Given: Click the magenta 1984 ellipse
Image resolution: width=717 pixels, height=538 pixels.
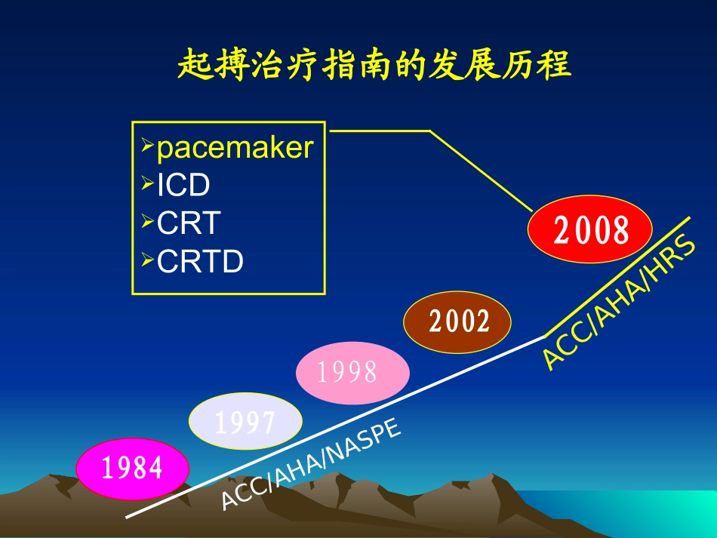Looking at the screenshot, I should pyautogui.click(x=132, y=469).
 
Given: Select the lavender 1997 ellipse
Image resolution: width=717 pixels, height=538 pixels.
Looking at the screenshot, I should pyautogui.click(x=245, y=422).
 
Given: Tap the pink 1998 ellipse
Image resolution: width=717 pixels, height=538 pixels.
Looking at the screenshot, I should pyautogui.click(x=352, y=373).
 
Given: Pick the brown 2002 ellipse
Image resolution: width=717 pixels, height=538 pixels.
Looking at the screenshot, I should pyautogui.click(x=458, y=321).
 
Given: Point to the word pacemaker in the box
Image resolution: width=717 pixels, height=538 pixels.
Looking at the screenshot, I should pyautogui.click(x=234, y=148).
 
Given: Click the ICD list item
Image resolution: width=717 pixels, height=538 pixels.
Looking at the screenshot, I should pyautogui.click(x=183, y=185).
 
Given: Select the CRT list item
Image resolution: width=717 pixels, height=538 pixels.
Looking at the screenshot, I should pyautogui.click(x=189, y=223).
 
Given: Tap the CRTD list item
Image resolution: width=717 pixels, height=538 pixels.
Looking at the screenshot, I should pyautogui.click(x=200, y=261).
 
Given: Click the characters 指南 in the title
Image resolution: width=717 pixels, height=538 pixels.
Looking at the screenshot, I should pyautogui.click(x=353, y=66).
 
